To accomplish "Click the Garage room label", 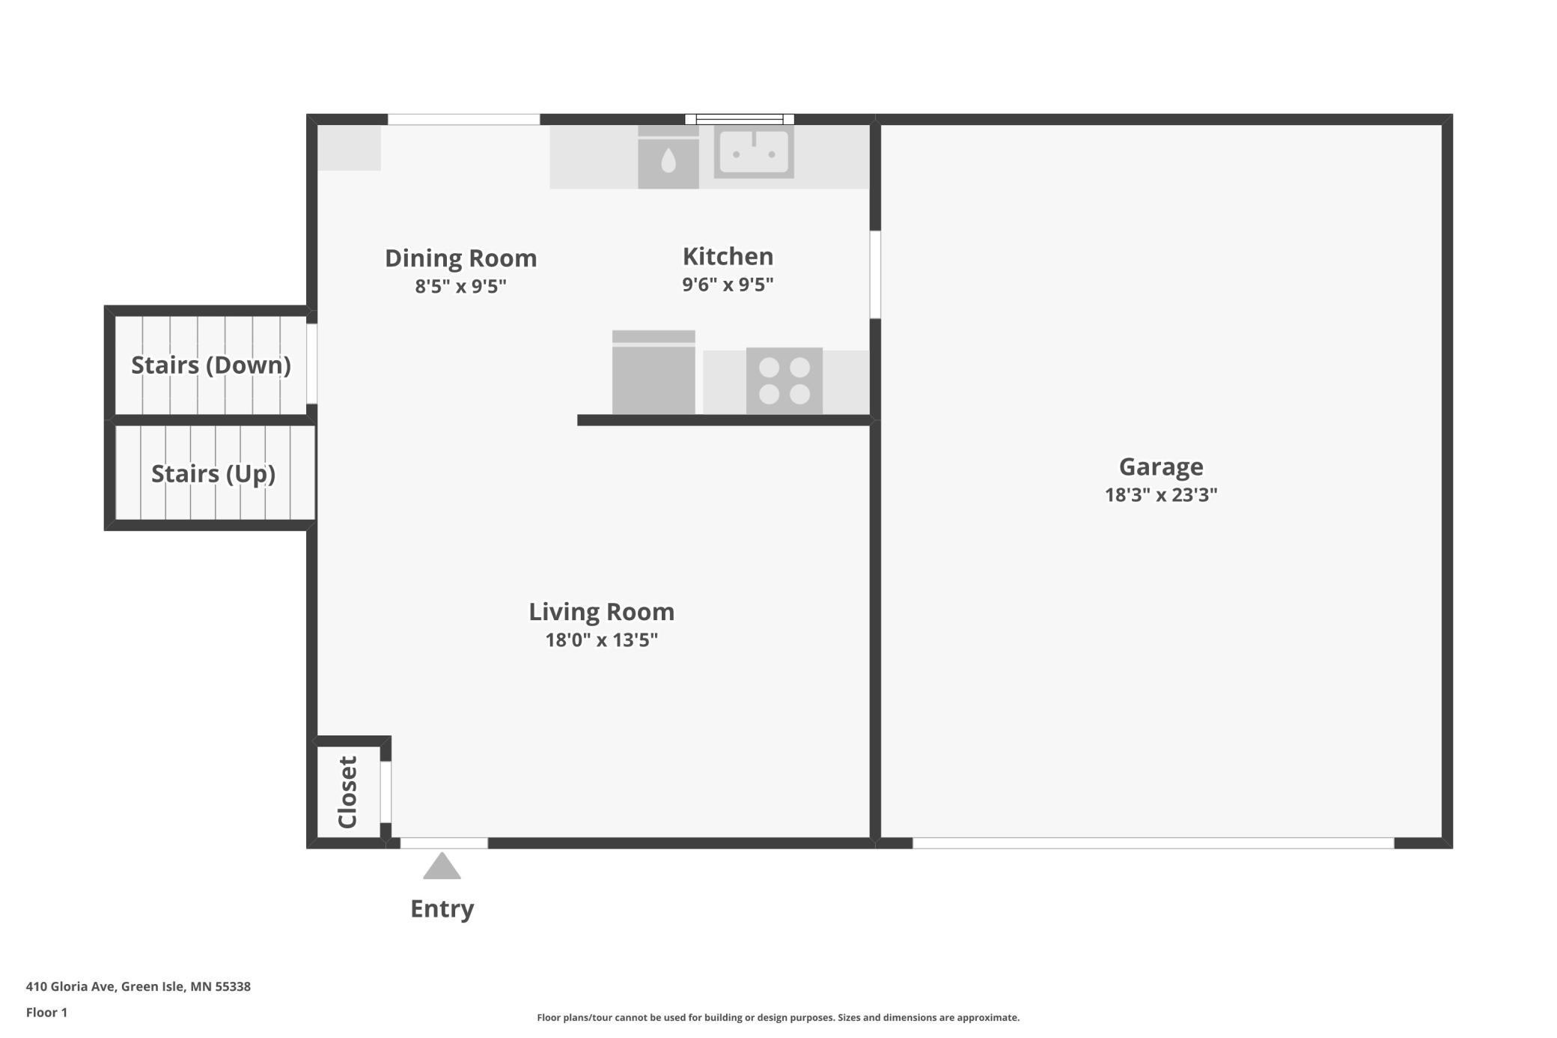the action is point(1161,467).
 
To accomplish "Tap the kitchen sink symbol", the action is point(754,152).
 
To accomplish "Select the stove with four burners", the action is point(784,380).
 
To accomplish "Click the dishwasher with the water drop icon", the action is point(668,157).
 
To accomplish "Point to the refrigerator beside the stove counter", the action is point(653,372).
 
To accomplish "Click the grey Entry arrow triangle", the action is point(442,866).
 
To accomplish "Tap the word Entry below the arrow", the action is point(442,908).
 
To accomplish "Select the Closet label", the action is point(348,792).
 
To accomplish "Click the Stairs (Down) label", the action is point(211,365).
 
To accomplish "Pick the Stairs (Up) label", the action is point(213,473).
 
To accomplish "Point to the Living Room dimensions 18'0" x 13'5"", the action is point(602,640).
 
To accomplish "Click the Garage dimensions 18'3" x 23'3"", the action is point(1161,494).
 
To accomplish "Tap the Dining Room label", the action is point(461,258).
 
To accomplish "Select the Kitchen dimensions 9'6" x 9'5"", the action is point(728,285).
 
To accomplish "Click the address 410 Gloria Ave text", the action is point(138,986).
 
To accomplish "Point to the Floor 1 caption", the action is point(46,1013).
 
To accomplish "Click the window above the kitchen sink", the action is point(740,119).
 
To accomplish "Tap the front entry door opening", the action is point(444,843).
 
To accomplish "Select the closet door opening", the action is point(386,792).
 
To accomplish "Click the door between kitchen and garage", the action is point(875,275).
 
